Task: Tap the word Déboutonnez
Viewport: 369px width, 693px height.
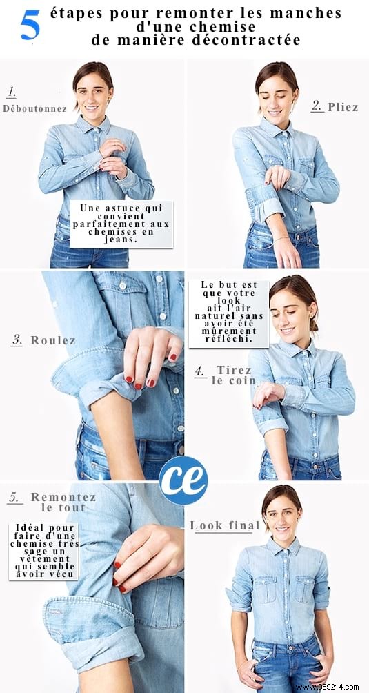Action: [x=34, y=108]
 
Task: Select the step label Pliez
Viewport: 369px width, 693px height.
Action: [x=343, y=107]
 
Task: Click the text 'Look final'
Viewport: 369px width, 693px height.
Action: [x=225, y=526]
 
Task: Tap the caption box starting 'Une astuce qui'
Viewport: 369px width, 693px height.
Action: [x=124, y=224]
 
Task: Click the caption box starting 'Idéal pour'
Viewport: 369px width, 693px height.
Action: [x=43, y=551]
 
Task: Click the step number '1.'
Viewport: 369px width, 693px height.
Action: [x=12, y=92]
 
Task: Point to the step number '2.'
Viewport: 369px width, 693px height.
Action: [x=317, y=106]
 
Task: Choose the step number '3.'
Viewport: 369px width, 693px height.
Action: [x=17, y=340]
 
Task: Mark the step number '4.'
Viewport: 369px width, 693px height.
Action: [x=200, y=371]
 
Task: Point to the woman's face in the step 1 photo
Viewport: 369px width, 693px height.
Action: [x=93, y=90]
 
